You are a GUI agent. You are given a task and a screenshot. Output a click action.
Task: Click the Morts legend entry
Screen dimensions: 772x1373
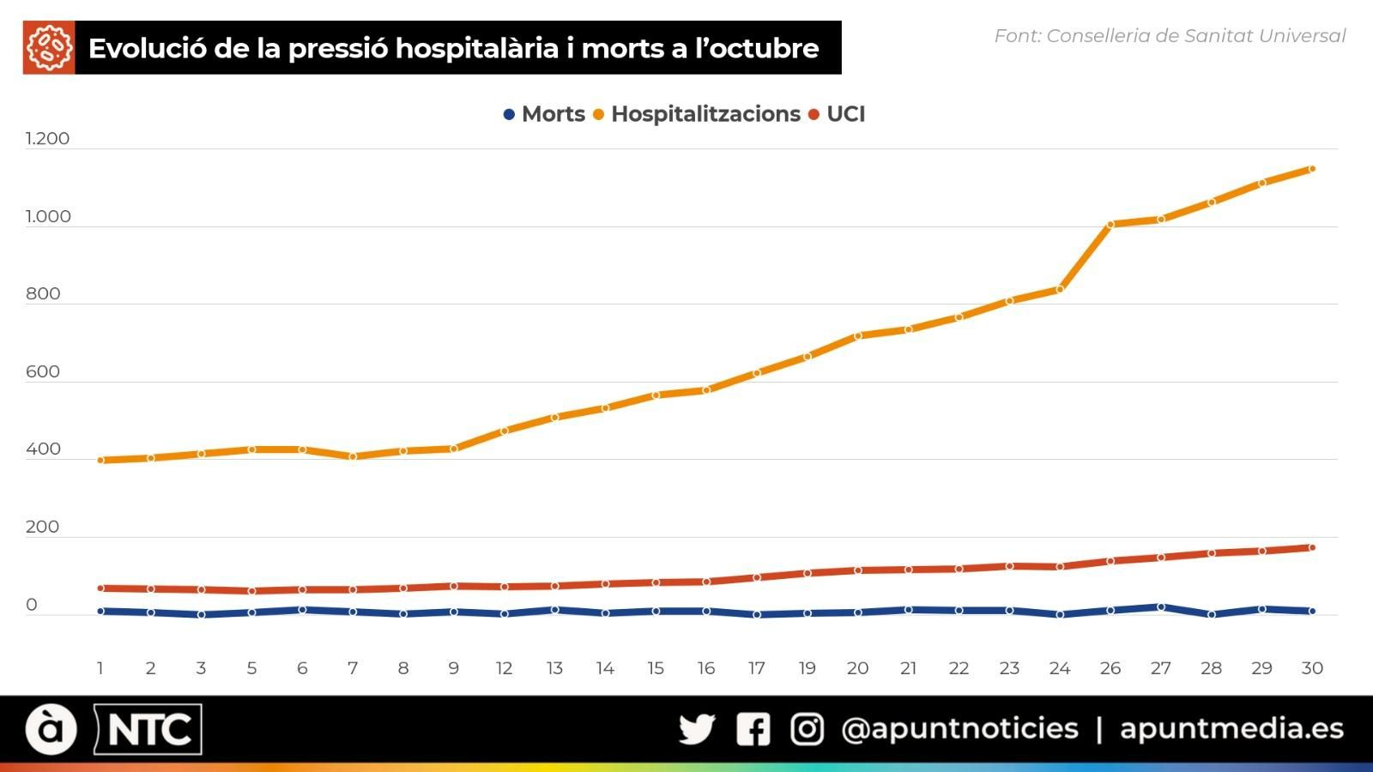click(544, 114)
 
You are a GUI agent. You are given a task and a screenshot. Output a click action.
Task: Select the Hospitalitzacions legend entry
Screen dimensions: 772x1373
click(697, 114)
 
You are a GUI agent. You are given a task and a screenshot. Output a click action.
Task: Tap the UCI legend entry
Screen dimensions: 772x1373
click(838, 114)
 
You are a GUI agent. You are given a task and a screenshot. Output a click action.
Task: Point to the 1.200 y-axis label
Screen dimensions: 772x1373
click(47, 139)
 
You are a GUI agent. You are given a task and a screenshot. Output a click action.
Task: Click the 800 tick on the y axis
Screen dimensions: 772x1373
click(43, 294)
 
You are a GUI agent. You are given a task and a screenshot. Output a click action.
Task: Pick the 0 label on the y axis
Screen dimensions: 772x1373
click(32, 605)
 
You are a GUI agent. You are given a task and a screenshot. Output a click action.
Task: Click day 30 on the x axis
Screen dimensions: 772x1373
click(1312, 668)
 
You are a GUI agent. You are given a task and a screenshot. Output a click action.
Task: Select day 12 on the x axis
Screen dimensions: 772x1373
click(504, 668)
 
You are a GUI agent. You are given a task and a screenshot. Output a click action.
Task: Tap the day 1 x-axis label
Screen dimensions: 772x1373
click(100, 668)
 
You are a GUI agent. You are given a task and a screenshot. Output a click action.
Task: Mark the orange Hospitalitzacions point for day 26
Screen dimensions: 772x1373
click(1110, 225)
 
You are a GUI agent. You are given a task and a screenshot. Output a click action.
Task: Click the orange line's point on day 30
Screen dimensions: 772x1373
click(1312, 169)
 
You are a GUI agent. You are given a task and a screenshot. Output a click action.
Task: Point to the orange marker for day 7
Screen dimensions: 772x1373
click(353, 456)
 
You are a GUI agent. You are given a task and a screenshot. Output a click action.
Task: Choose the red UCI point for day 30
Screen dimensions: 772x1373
click(1312, 547)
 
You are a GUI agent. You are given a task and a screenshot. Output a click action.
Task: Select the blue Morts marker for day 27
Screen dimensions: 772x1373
click(1161, 607)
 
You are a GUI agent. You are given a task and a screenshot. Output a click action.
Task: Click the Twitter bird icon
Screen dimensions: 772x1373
click(697, 729)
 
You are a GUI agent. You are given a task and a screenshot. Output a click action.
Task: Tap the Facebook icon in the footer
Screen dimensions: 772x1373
click(753, 729)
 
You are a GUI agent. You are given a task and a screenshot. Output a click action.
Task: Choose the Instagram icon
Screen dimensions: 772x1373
click(807, 729)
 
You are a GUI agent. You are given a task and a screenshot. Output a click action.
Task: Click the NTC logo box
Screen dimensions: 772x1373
click(148, 730)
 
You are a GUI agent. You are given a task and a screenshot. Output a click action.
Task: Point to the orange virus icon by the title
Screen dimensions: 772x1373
click(49, 48)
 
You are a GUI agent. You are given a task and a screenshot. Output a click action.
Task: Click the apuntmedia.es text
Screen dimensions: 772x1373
click(1231, 729)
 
